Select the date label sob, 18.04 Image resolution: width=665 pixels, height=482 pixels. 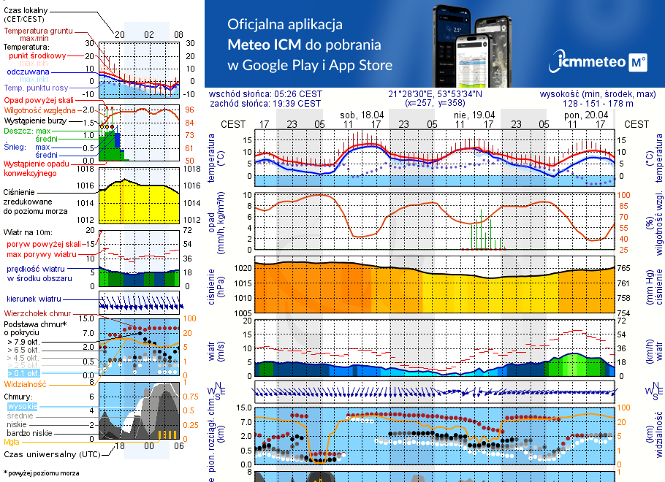coord(362,115)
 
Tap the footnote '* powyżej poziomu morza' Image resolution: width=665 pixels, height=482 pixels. coord(41,473)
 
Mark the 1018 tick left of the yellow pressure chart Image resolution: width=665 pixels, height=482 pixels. coord(85,169)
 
